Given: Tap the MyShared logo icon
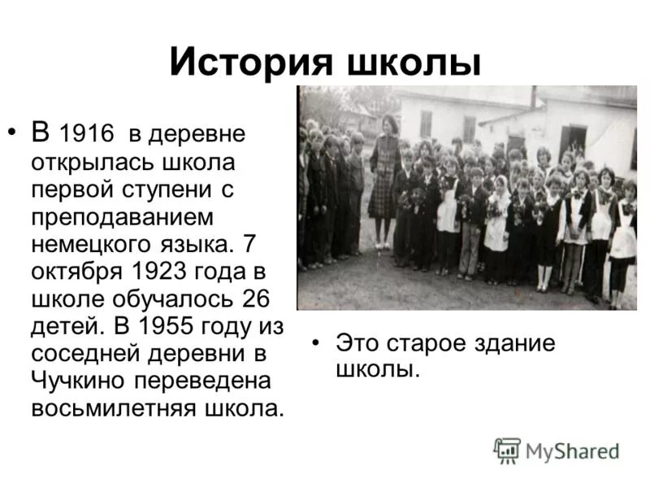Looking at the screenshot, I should pos(507,449).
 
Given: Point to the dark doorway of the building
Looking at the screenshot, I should pos(573,141).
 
